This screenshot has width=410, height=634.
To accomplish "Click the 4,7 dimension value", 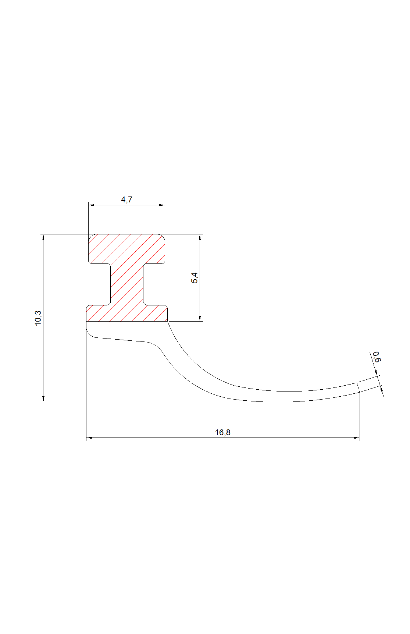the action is tap(126, 199).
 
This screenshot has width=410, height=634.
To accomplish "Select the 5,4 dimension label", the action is tap(194, 278).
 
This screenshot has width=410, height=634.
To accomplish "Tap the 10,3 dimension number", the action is tap(38, 318).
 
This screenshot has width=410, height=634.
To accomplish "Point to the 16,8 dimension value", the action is tap(223, 432).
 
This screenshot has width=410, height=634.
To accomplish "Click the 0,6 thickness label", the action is tap(376, 357).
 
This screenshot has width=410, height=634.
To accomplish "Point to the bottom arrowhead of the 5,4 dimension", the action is tap(200, 318).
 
